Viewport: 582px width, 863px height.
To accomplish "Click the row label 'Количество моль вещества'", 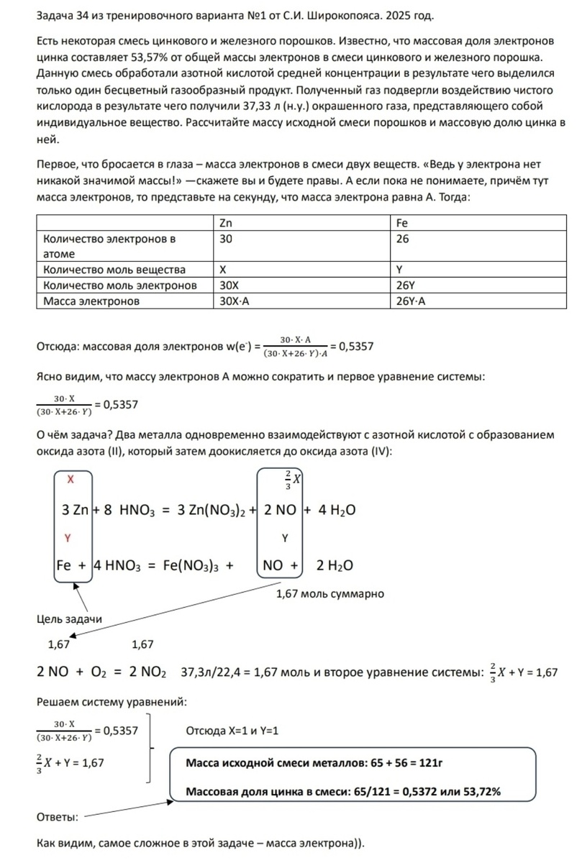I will pos(114,270).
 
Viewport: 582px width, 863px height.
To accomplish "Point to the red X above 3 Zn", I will pos(70,479).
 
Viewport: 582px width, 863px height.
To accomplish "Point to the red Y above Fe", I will pos(68,537).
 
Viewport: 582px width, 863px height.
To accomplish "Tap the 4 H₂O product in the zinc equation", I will pos(336,510).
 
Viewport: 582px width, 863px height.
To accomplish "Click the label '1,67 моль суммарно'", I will pos(330,593).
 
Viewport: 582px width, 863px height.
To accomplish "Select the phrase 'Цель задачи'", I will pos(69,619).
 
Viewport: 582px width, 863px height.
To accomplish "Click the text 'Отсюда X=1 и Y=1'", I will pos(232,731).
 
